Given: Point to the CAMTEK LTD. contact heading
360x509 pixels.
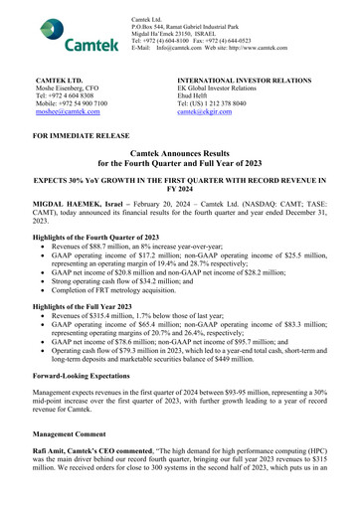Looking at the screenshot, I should pos(66,77).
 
